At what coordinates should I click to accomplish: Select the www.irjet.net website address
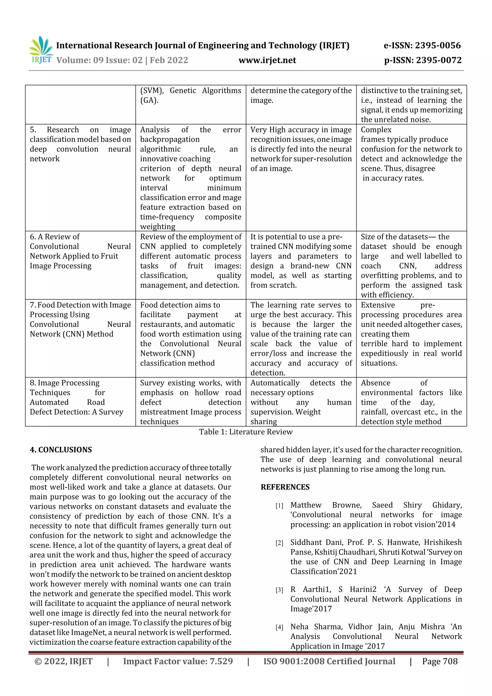click(267, 60)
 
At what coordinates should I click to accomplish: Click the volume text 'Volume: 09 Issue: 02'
click(99, 60)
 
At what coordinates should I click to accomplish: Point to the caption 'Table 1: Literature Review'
click(246, 432)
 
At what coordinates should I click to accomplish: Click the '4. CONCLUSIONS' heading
click(61, 450)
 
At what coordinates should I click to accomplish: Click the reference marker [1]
click(279, 506)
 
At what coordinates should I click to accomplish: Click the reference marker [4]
click(279, 627)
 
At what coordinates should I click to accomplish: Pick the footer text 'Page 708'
click(440, 661)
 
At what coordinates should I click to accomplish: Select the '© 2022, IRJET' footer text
click(63, 661)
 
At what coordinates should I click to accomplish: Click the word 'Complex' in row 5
click(376, 130)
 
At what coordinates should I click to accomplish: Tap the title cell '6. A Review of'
click(55, 237)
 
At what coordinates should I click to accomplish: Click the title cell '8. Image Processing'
click(65, 383)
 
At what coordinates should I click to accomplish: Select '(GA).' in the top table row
click(149, 100)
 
